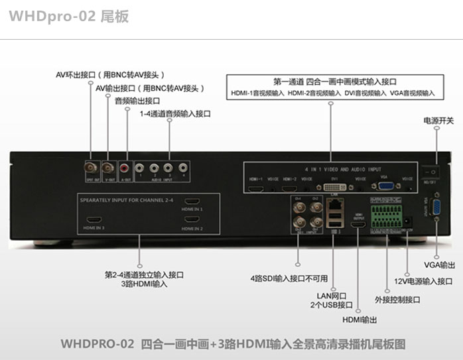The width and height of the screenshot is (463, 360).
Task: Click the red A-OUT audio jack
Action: click(x=125, y=169)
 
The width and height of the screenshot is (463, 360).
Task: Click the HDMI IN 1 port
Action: click(x=192, y=202)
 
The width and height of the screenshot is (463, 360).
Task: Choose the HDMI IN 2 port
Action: click(x=192, y=219)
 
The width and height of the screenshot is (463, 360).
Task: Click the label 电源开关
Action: click(x=420, y=121)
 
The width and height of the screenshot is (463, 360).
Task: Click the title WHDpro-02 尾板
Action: click(x=69, y=16)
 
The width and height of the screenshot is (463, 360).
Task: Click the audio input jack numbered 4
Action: click(x=182, y=168)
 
